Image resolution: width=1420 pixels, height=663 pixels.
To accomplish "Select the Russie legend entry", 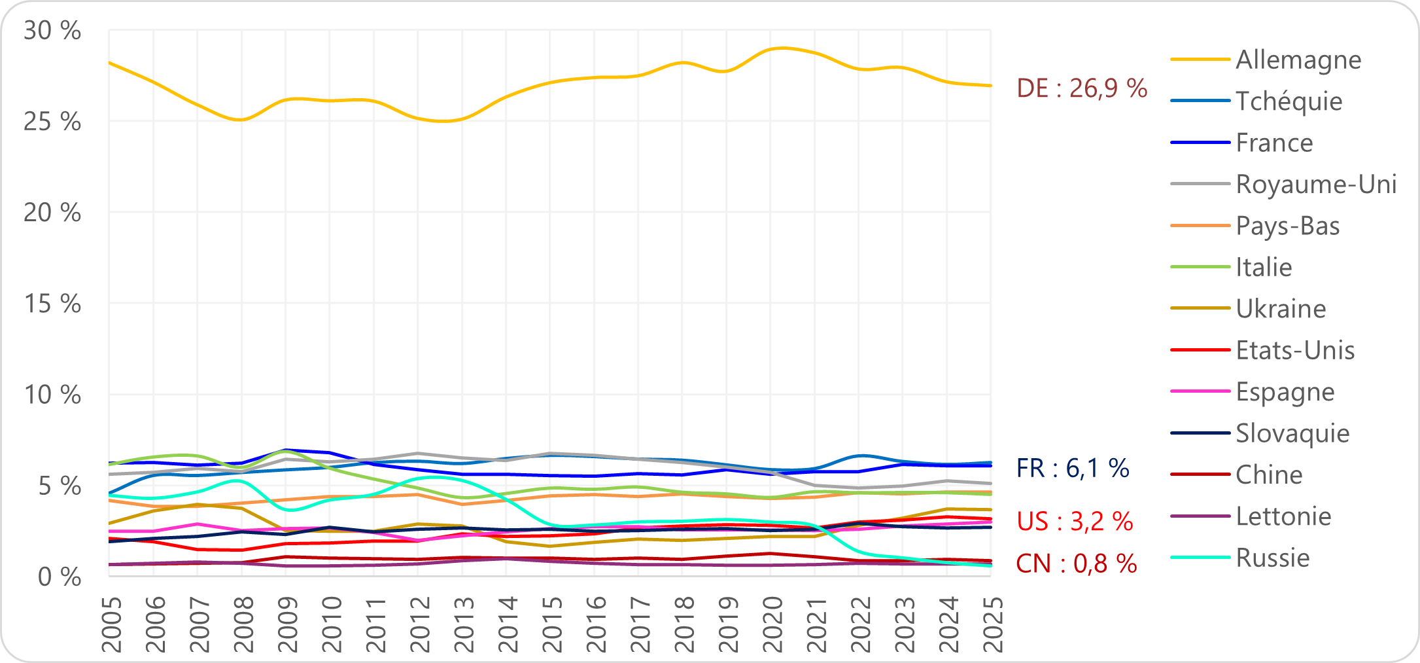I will pos(1272,558).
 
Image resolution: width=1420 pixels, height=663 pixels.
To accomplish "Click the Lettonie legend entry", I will pos(1283,516).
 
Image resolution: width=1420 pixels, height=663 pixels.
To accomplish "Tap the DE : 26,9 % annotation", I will pos(1082,88).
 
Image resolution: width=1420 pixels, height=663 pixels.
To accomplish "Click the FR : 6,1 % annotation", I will pos(1073,468).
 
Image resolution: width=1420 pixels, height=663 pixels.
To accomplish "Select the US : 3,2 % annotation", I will pos(1075,522).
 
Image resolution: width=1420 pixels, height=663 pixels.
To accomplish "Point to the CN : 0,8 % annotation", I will pos(1076,564).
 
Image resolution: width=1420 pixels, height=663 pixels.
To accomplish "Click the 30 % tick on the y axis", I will pos(52,31).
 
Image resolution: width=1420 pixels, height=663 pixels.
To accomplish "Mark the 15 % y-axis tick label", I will pos(52,304).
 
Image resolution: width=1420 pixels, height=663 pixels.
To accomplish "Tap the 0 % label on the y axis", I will pos(59,577).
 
